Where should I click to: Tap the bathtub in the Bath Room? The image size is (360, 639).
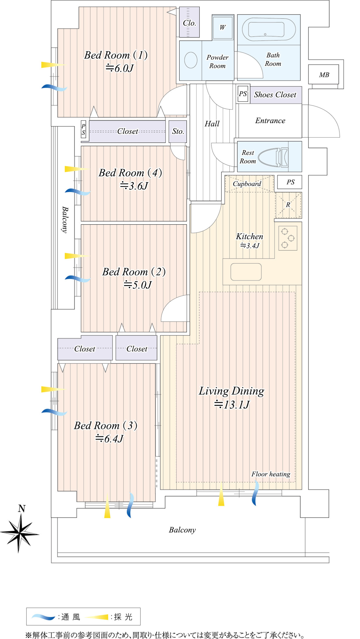(x=269, y=29)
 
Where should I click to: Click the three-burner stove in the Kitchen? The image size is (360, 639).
(x=288, y=238)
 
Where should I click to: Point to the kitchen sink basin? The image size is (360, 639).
(x=246, y=272)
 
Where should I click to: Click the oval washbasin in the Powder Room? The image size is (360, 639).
(x=191, y=60)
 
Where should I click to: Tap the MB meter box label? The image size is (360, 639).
(x=324, y=75)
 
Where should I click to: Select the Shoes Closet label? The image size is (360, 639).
(x=275, y=95)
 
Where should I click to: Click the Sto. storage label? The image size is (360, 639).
(x=178, y=132)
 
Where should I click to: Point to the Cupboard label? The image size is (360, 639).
(x=247, y=184)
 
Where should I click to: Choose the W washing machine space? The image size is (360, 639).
(x=223, y=27)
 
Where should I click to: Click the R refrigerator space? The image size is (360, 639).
(x=288, y=205)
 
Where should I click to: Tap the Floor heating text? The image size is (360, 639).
(x=271, y=474)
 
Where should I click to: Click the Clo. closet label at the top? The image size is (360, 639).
(x=189, y=23)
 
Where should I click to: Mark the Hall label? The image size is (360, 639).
(x=212, y=124)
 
